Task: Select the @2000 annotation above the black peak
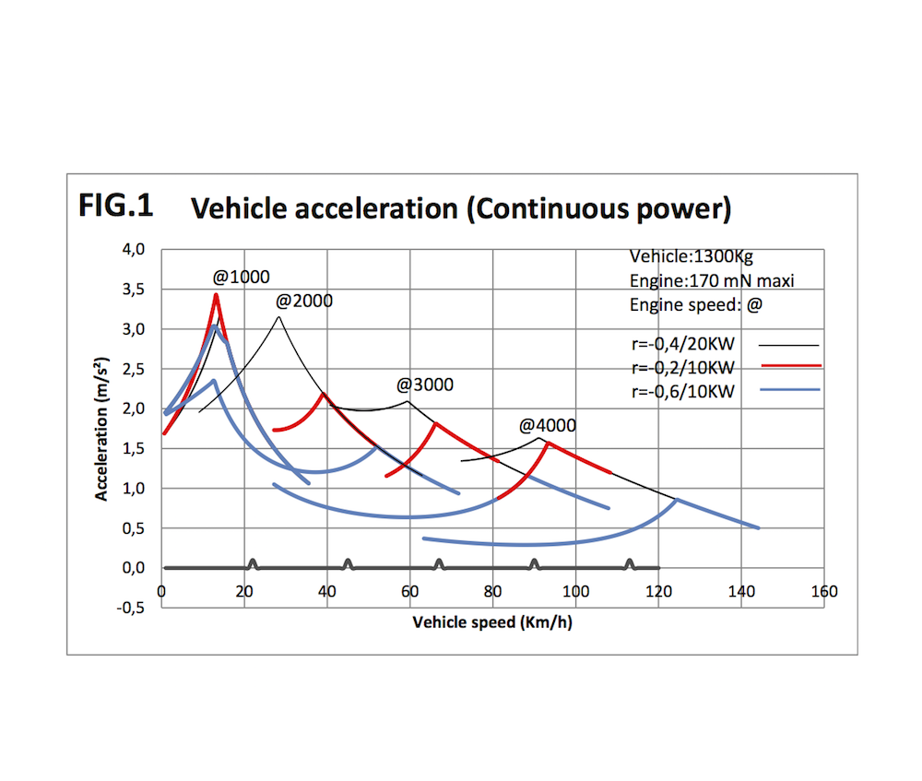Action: [x=303, y=301]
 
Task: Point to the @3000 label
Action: [x=425, y=385]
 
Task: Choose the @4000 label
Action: [x=547, y=425]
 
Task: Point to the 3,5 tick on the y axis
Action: [x=135, y=290]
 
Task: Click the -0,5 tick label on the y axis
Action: [x=133, y=608]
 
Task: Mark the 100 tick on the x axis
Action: [x=576, y=592]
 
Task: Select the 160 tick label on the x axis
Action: [x=823, y=592]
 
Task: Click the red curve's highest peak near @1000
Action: [x=216, y=295]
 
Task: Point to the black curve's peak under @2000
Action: [x=278, y=317]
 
